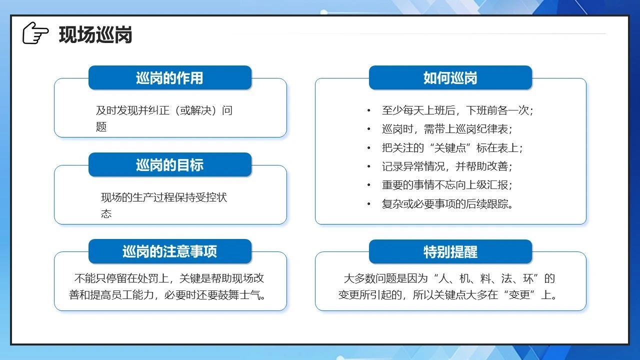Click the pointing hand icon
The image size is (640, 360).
[35, 33]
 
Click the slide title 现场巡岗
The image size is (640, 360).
[95, 35]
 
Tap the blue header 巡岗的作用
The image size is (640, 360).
[170, 77]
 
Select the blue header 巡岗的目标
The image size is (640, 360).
[170, 164]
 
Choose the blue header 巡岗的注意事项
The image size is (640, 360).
[170, 251]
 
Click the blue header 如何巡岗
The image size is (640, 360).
[450, 77]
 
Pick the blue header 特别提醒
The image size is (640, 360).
[450, 251]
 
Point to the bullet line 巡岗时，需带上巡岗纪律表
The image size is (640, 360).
[447, 129]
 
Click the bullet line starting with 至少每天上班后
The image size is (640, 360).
[457, 110]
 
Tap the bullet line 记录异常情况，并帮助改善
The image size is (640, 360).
[447, 166]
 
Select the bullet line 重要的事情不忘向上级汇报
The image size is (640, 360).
[447, 185]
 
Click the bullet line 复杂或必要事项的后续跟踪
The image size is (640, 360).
[447, 203]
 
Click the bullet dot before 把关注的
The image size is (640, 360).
[369, 148]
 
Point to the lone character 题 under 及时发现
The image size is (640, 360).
[101, 126]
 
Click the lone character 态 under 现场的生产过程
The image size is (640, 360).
[106, 213]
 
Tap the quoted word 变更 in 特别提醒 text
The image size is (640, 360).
[519, 294]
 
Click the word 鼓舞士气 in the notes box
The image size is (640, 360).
[239, 294]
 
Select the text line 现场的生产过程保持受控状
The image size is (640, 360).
[164, 197]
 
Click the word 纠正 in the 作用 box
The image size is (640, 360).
[159, 110]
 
